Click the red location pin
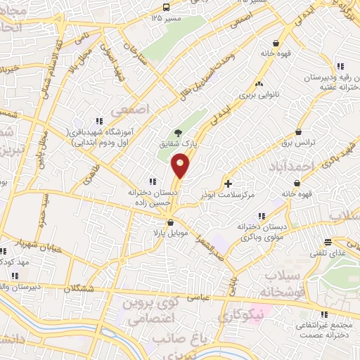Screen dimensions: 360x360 pos(181,166)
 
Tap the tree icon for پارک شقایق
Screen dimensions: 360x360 pos(176,132)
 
